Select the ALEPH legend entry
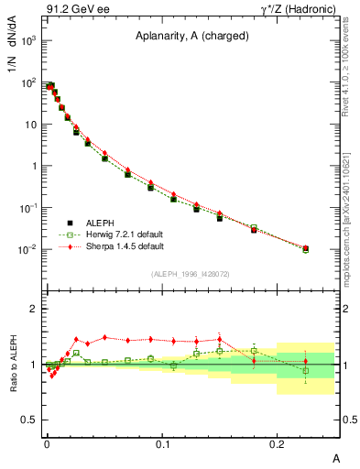coord(103,223)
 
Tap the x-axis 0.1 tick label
coord(163,444)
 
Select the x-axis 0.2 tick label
coord(278,444)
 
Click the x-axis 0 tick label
coord(48,444)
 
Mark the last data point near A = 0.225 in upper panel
coord(305,248)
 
